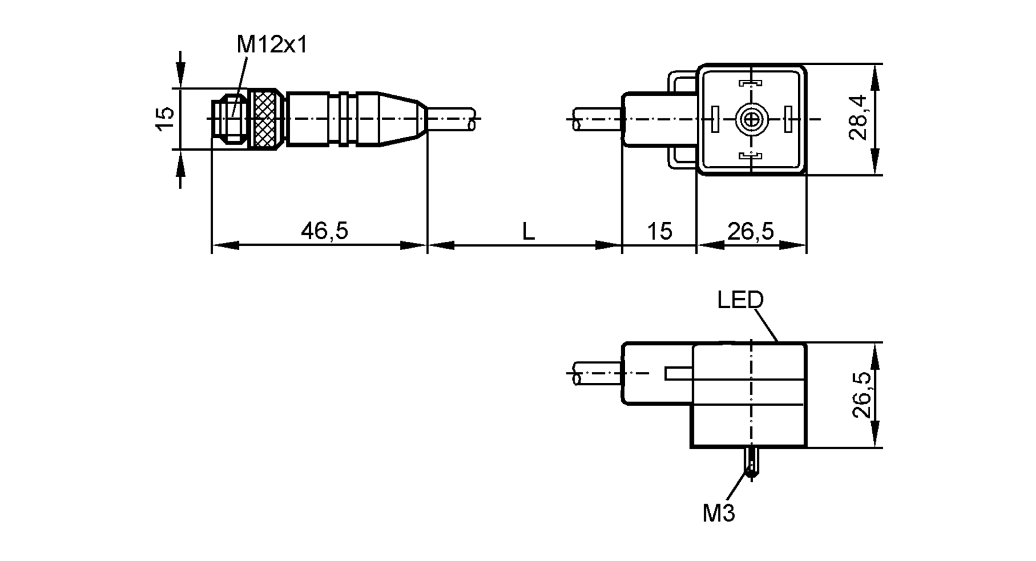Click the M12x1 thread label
[x=271, y=45]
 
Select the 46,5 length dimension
[x=324, y=231]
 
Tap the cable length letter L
[x=528, y=232]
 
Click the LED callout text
[x=740, y=300]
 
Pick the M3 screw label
[x=718, y=513]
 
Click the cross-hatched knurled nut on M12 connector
[x=266, y=119]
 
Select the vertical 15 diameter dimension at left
[x=165, y=119]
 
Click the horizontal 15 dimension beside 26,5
[x=659, y=231]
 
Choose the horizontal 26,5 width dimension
[x=751, y=231]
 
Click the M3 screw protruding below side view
[x=751, y=463]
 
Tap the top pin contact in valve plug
[x=750, y=83]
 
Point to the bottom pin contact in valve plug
[x=750, y=155]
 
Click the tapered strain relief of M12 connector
[x=402, y=120]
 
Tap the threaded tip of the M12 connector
[x=228, y=119]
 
